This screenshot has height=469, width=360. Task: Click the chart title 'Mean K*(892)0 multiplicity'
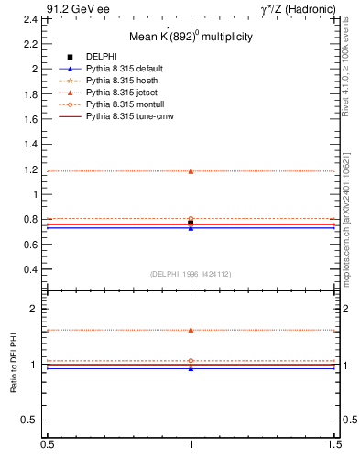(x=191, y=37)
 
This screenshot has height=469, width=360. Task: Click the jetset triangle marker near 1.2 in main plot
(x=191, y=170)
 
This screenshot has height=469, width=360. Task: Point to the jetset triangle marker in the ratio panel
(x=191, y=330)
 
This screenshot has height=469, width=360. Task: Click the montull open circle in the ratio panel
(x=191, y=361)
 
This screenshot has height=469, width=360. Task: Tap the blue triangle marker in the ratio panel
(x=191, y=368)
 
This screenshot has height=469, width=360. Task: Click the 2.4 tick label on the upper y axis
(x=32, y=18)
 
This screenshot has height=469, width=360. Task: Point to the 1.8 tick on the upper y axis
(x=32, y=93)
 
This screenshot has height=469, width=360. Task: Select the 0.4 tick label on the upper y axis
(x=32, y=269)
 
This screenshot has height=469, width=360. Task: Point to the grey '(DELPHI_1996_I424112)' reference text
(x=191, y=274)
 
